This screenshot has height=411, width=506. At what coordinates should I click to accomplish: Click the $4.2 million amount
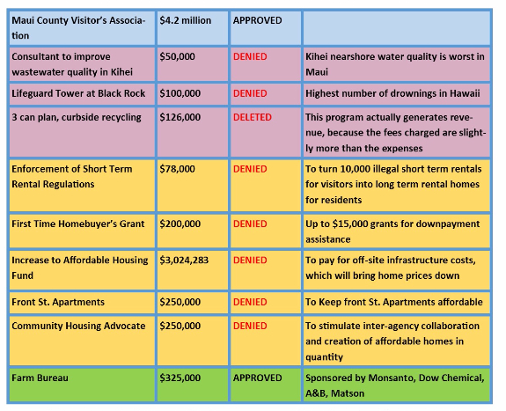[x=185, y=20]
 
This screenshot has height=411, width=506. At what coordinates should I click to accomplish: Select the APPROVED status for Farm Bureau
[x=258, y=378]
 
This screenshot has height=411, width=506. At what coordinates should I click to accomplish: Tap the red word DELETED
[x=253, y=117]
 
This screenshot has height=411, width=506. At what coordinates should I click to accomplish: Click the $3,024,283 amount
[x=184, y=261]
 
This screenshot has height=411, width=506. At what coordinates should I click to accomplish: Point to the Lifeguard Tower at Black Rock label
[x=78, y=93]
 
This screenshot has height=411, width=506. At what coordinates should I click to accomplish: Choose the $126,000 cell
[x=180, y=118]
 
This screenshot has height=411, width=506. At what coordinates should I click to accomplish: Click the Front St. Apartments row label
[x=58, y=302]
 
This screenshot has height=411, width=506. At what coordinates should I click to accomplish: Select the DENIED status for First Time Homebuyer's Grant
[x=250, y=224]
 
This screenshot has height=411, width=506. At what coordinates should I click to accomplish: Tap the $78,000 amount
[x=177, y=169]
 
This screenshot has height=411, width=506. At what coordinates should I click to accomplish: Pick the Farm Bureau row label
[x=40, y=378]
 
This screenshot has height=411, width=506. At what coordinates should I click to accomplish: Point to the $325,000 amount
[x=180, y=378]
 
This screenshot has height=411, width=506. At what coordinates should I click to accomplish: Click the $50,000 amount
[x=177, y=57]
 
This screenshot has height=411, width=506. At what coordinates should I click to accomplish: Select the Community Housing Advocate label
[x=78, y=327]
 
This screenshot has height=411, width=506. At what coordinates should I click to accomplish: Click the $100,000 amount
[x=180, y=93]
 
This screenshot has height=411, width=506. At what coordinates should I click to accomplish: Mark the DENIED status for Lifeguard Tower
[x=250, y=93]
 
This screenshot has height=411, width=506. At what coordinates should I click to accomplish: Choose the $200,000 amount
[x=180, y=224]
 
